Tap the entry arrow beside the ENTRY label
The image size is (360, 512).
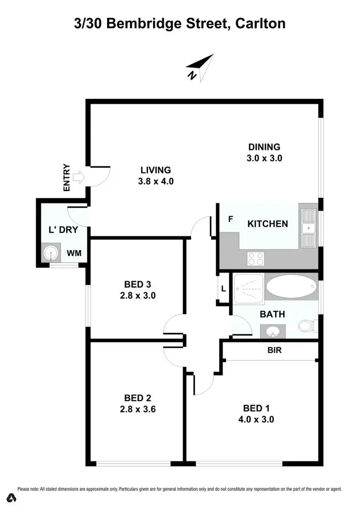coord(79,178)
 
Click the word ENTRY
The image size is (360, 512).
coord(67,178)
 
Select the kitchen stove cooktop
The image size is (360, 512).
coord(255,258)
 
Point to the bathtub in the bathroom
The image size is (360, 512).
coord(291,287)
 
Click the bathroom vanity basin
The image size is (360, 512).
coord(273,331)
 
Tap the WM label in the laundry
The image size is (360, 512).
coord(73,253)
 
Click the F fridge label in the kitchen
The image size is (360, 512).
coord(230,219)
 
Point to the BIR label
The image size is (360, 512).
coord(275,351)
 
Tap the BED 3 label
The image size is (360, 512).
coord(138,285)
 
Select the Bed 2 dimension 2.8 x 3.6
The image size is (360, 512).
coord(138,409)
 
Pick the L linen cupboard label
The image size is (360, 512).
coord(223,289)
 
